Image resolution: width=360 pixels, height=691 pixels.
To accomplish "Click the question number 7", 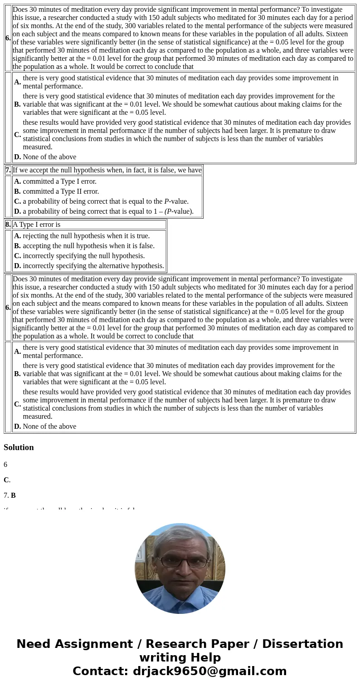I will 8,170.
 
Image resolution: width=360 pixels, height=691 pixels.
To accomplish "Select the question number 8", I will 8,225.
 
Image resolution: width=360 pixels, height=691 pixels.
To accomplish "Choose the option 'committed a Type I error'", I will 59,181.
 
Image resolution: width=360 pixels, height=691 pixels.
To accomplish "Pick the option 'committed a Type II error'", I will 61,191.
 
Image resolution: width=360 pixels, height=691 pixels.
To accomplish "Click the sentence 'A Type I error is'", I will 36,225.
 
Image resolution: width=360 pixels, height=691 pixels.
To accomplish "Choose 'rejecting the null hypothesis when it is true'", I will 86,236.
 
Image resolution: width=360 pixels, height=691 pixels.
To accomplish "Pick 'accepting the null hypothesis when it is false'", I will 88,246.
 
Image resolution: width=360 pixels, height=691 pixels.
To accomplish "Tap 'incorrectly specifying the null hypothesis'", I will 83,256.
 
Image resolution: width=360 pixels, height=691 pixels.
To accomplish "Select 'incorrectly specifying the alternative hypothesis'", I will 93,266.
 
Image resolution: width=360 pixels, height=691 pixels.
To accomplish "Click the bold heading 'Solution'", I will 19,447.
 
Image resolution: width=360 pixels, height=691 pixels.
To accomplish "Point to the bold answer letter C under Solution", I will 6,480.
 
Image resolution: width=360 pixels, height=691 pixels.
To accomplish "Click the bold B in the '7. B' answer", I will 13,495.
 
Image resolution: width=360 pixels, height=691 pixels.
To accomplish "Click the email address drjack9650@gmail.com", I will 209,671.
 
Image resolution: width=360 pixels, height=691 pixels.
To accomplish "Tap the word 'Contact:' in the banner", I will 101,671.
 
